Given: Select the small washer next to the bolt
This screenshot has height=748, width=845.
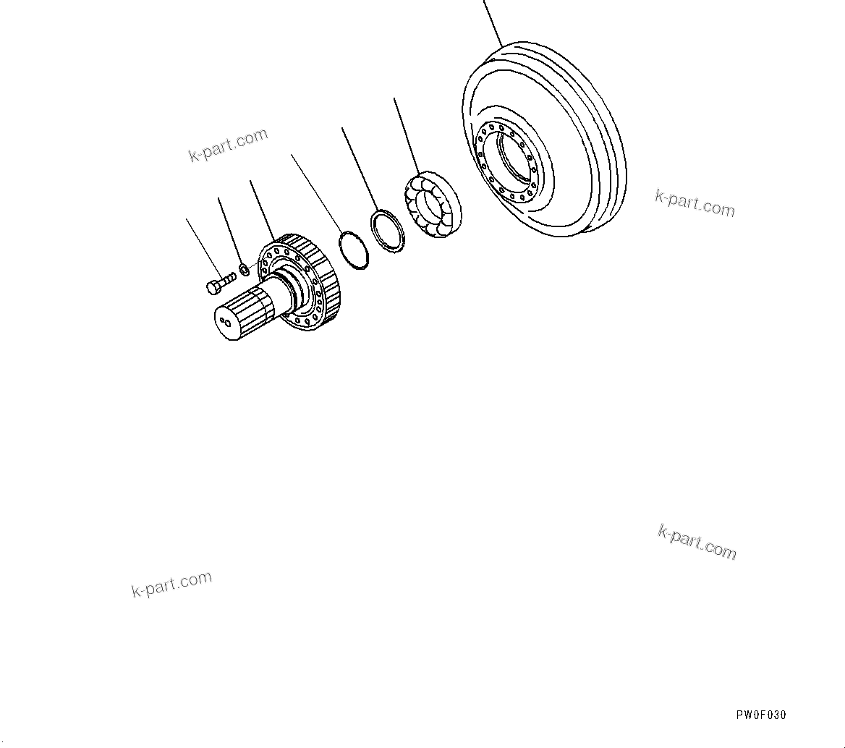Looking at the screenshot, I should (x=245, y=270).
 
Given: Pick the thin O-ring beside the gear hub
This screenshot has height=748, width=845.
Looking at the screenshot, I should (x=354, y=251).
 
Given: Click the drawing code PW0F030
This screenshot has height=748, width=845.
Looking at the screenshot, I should (x=760, y=715).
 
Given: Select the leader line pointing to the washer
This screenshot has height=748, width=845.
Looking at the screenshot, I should (x=231, y=231).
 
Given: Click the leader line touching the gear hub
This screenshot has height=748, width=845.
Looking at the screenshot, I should (x=262, y=210).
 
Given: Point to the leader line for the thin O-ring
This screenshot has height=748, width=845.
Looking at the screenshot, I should (x=315, y=192).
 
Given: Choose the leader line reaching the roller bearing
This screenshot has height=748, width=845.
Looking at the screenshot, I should (x=407, y=135).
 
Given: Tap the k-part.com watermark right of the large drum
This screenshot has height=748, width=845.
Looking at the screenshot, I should (x=695, y=203).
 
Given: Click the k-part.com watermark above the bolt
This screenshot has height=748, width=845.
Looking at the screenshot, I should (x=228, y=145).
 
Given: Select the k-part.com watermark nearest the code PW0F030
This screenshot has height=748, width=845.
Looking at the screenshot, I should (x=697, y=543).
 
